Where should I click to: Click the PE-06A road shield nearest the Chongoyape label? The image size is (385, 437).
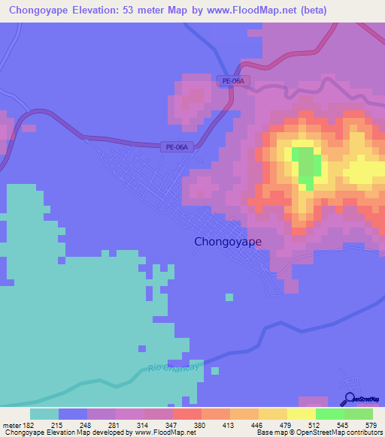[x=176, y=148]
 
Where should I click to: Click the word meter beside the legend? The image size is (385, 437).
[x=10, y=425]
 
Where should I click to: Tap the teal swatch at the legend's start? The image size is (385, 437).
[x=44, y=414]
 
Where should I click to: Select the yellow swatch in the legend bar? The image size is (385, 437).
[x=302, y=414]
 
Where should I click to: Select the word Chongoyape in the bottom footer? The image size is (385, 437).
[x=24, y=432]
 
